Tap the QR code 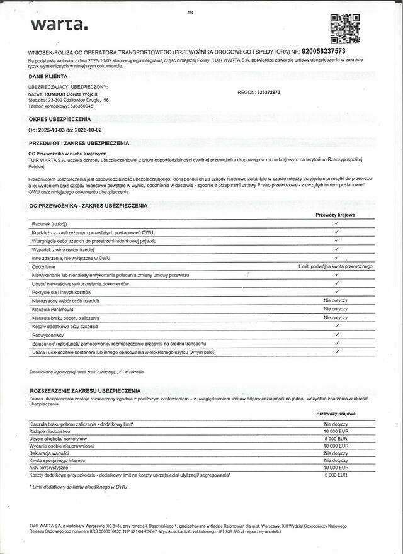tap(344, 28)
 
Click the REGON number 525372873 tap(269, 93)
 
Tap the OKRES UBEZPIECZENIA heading tap(60, 118)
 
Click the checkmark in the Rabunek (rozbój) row tap(337, 223)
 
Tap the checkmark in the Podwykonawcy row tap(337, 335)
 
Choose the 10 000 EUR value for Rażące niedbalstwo tap(336, 431)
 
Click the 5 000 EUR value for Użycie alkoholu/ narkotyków tap(336, 439)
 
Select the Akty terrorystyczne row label tap(51, 467)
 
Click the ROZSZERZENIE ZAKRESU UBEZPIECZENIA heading tap(84, 391)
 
